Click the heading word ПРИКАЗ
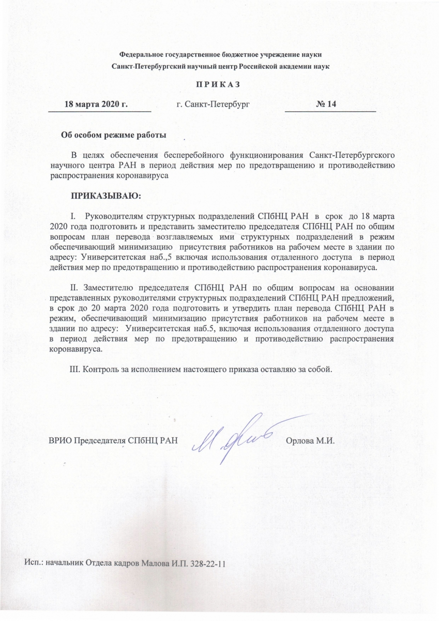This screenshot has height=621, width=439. click(219, 85)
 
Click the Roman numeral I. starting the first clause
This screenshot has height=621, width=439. click(72, 215)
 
